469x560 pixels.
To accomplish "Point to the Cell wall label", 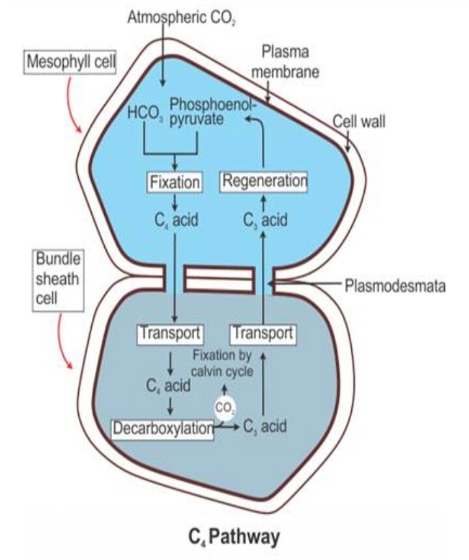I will coord(359,122).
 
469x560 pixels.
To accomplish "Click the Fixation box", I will coord(174,181).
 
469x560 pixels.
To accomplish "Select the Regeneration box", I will coord(264,181).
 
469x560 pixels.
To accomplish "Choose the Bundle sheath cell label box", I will coord(58,281).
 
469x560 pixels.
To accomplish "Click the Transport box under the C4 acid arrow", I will coord(170,333).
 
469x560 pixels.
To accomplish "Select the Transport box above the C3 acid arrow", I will coord(263,333).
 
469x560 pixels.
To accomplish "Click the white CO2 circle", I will coord(225,408).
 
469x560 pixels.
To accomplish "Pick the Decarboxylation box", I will coord(163,428).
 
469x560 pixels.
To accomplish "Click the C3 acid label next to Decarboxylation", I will coord(264,428).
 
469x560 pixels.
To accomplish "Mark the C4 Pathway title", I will coord(234,537).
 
